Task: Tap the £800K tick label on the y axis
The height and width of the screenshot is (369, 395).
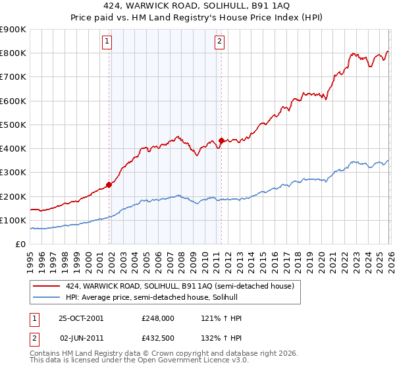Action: (13, 53)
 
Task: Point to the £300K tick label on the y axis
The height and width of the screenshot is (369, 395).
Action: (13, 173)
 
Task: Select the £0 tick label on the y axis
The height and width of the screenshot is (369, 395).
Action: (21, 244)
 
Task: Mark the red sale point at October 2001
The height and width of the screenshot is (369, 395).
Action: (109, 184)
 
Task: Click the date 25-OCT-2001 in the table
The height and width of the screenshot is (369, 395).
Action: (81, 318)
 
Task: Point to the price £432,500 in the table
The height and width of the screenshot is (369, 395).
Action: (158, 337)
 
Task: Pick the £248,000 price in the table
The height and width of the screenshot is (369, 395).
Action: (158, 318)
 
